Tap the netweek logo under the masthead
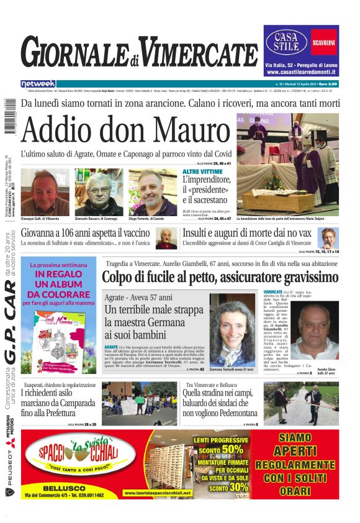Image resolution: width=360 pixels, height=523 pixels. pyautogui.click(x=38, y=83)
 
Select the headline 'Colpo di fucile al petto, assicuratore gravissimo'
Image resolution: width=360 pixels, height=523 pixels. pyautogui.click(x=220, y=277)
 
